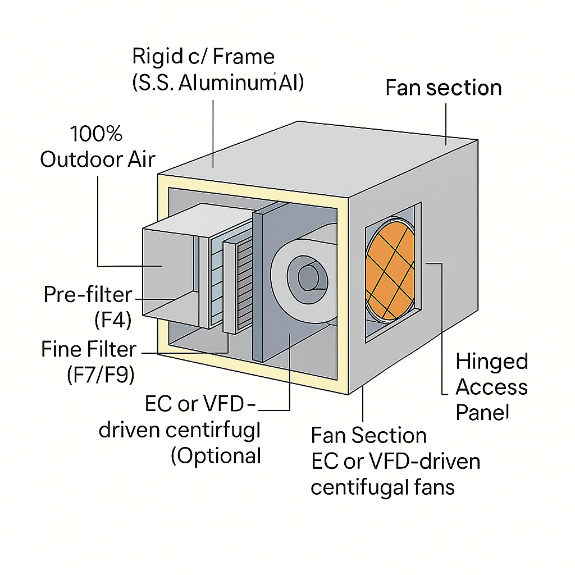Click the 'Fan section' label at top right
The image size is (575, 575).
[x=444, y=88]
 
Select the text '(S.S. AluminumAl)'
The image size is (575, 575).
[x=218, y=83]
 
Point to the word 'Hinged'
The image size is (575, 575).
[x=491, y=361]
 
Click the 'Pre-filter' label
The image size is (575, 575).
[x=88, y=295]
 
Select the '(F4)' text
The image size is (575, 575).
[x=112, y=321]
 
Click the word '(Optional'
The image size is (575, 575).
[x=216, y=455]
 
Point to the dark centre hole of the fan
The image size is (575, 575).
[x=308, y=277]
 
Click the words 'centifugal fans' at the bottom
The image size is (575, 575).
[x=382, y=487]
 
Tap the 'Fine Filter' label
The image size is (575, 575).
[x=89, y=349]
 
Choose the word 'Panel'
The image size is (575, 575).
[x=482, y=413]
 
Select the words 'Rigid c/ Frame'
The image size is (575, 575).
[x=203, y=57]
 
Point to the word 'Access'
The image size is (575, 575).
[x=491, y=387]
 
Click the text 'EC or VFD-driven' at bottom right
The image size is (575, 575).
[x=395, y=462]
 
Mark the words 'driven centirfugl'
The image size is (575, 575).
[x=180, y=431]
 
